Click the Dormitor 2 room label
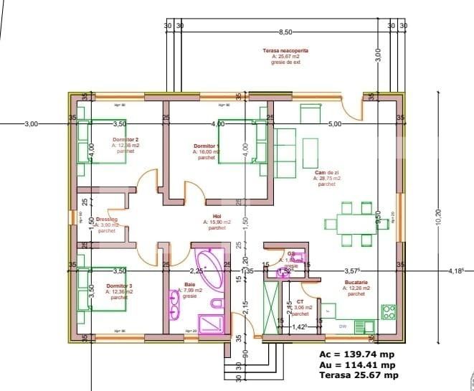coord(125,139)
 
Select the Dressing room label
coord(106,220)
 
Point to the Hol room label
coord(217,217)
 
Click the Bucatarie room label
coord(356,283)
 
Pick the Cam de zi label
coord(326,173)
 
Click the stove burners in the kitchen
coord(389,312)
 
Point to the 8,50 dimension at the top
coord(285,32)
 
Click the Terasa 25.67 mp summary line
coord(359,374)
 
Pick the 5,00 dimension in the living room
coord(334,124)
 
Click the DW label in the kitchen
coord(343,325)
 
